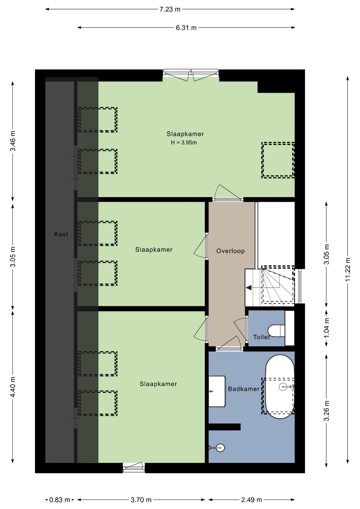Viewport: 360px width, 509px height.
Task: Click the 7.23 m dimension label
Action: [170, 9]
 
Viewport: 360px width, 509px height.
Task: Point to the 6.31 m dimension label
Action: [186, 28]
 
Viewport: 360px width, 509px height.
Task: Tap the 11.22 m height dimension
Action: [348, 269]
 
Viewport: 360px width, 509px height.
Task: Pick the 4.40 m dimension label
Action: [13, 387]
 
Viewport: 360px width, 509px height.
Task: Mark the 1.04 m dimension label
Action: [326, 328]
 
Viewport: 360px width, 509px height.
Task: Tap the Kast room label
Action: [61, 234]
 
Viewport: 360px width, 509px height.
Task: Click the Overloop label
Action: [230, 251]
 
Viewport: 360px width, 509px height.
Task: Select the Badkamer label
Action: [243, 389]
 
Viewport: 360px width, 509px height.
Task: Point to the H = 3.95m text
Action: [184, 143]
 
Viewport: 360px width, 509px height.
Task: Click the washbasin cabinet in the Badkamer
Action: [217, 391]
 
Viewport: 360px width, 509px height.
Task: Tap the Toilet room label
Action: [261, 337]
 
